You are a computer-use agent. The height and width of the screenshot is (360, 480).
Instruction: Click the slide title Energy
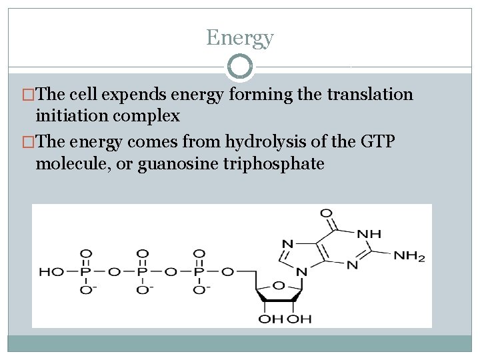pos(240,37)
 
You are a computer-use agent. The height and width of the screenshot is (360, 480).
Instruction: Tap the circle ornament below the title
pos(240,67)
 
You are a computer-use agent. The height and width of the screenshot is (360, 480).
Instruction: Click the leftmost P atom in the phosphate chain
pos(85,271)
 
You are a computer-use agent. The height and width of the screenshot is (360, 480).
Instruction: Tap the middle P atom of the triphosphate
pos(141,271)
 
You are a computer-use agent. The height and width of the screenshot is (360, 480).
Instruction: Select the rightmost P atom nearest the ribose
pos(199,271)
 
